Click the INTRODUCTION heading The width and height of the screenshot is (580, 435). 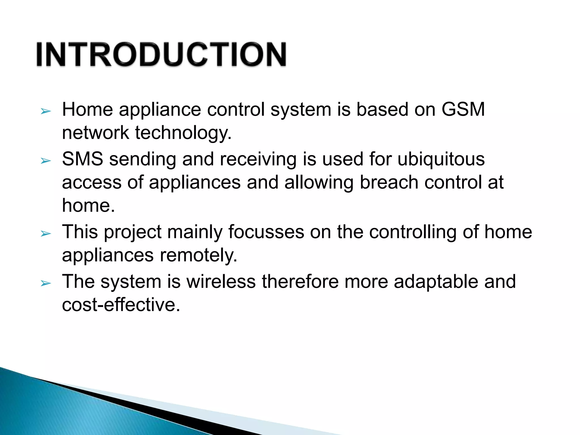point(161,54)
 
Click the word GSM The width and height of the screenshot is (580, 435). point(463,109)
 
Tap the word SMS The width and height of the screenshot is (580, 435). point(82,159)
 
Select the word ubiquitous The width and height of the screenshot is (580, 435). point(441,159)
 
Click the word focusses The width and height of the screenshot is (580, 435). point(266,232)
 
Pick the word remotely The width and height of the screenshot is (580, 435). point(198,255)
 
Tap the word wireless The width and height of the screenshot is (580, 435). point(221,282)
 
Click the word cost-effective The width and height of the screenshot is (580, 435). point(121,305)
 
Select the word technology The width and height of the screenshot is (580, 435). point(183,133)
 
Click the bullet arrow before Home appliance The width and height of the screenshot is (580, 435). point(46,111)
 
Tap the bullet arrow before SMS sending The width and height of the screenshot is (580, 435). point(46,161)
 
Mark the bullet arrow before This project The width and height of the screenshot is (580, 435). point(46,234)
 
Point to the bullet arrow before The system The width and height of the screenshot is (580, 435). point(46,283)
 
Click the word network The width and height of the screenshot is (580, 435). point(95,133)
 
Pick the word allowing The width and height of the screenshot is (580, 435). point(319,183)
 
